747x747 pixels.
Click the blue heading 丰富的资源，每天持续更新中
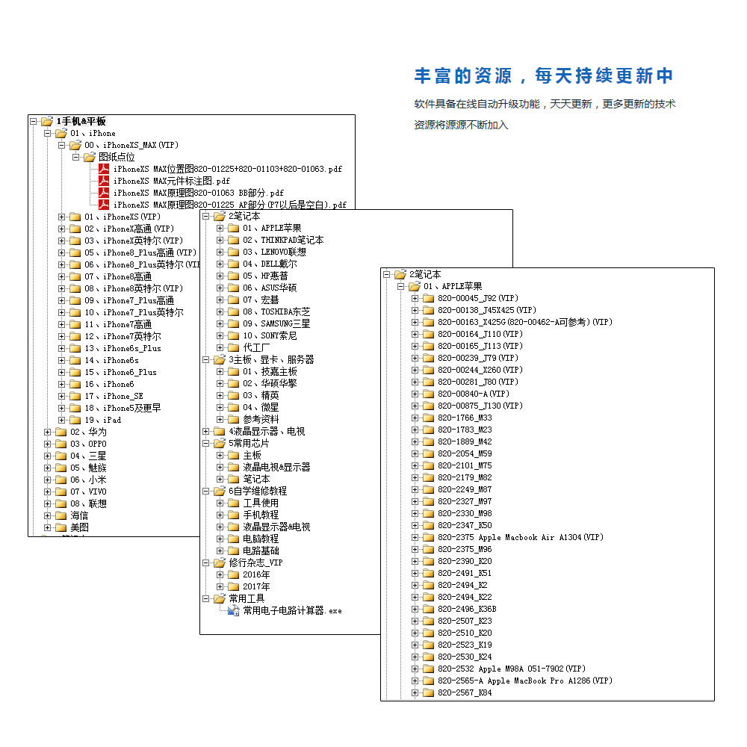pos(544,75)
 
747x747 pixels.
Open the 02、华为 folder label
pos(88,432)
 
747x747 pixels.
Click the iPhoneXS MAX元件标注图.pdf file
pos(171,181)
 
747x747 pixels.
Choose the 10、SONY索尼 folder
pos(269,335)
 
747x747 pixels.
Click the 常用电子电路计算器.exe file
pos(292,610)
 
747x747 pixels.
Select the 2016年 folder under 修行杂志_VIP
pos(256,574)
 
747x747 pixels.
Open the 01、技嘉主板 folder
pos(269,371)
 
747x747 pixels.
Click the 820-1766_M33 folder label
pos(465,418)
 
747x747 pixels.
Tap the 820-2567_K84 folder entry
pos(465,692)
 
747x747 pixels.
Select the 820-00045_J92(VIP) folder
pos(478,298)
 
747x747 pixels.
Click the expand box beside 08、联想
pos(48,503)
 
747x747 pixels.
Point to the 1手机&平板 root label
pos(81,121)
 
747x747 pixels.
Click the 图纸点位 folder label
pos(117,157)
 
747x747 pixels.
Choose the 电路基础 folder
pos(260,551)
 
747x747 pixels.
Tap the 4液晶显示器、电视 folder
pos(266,431)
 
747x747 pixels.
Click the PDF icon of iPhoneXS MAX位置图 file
pos(104,169)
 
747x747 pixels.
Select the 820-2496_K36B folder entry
pos(467,609)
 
